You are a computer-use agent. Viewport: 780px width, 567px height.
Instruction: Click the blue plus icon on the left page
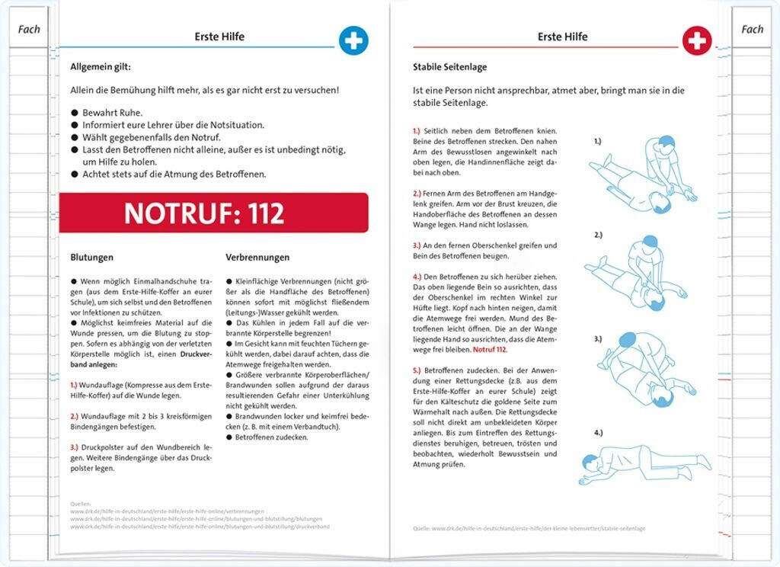(x=353, y=40)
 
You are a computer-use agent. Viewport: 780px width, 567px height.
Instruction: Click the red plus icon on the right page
(x=696, y=40)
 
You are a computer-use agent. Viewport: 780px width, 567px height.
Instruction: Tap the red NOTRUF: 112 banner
(x=213, y=213)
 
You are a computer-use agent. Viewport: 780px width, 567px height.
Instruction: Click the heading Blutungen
(x=92, y=258)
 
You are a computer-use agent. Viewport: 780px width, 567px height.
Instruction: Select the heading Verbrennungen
(x=257, y=258)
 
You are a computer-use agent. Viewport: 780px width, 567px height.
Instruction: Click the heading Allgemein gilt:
(x=102, y=67)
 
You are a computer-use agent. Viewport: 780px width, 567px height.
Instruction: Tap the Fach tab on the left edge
(x=28, y=30)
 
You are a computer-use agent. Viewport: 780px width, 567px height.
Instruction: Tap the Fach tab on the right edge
(x=752, y=30)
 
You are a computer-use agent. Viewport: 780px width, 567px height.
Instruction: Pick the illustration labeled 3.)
(x=638, y=370)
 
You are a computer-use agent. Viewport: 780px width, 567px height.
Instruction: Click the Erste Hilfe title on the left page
(x=219, y=37)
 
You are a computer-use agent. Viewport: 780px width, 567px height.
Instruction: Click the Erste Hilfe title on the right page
(x=562, y=37)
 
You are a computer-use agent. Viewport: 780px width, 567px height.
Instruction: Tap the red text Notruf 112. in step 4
(x=490, y=349)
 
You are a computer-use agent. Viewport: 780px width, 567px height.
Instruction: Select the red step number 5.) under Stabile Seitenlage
(x=411, y=370)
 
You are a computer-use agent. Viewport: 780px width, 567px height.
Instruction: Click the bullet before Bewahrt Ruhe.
(x=75, y=113)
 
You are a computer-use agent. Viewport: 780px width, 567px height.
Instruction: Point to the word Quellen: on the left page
(x=79, y=504)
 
